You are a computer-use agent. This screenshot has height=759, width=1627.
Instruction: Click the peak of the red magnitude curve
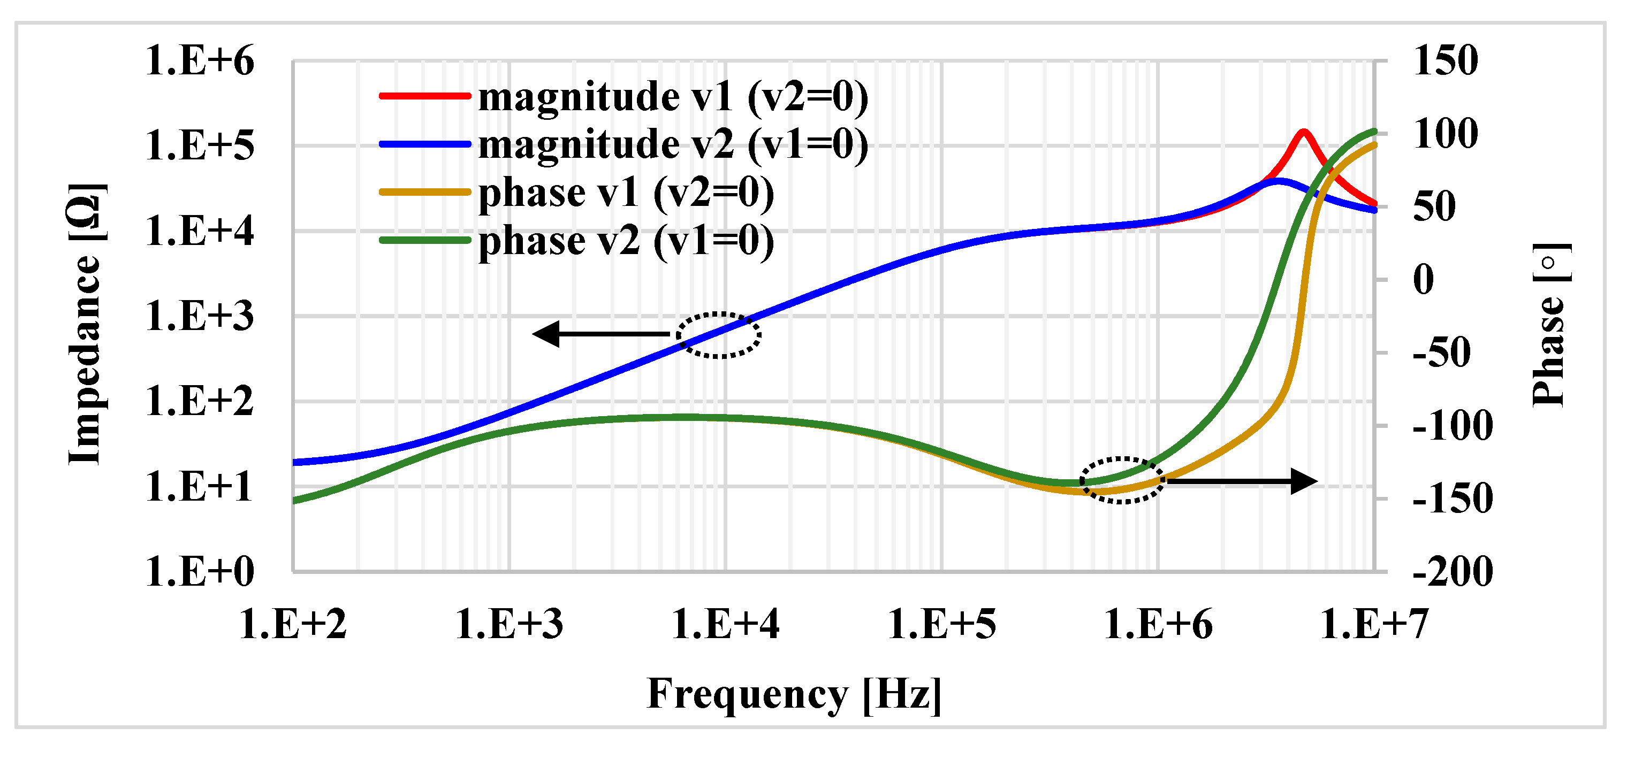[x=1303, y=132]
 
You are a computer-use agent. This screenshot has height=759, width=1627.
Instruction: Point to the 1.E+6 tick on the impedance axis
[x=200, y=62]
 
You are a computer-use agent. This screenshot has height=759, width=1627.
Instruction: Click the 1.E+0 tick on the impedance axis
[x=200, y=572]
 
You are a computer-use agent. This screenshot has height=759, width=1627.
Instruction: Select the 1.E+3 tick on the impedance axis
[x=200, y=316]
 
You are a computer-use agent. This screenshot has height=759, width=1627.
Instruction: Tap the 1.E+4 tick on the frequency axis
[x=725, y=625]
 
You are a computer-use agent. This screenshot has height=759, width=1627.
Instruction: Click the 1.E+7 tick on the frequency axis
[x=1374, y=625]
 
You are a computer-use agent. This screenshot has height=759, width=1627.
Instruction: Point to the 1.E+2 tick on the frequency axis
[x=293, y=625]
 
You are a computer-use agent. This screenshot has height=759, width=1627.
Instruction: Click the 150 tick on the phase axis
[x=1445, y=62]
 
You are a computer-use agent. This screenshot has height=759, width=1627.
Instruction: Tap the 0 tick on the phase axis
[x=1424, y=280]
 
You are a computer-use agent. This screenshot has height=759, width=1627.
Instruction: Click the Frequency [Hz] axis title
[x=794, y=695]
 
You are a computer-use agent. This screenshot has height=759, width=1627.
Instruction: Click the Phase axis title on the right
[x=1550, y=325]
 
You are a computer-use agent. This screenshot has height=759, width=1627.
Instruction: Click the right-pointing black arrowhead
[x=1304, y=481]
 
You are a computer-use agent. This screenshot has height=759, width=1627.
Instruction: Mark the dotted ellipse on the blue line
[x=719, y=335]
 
